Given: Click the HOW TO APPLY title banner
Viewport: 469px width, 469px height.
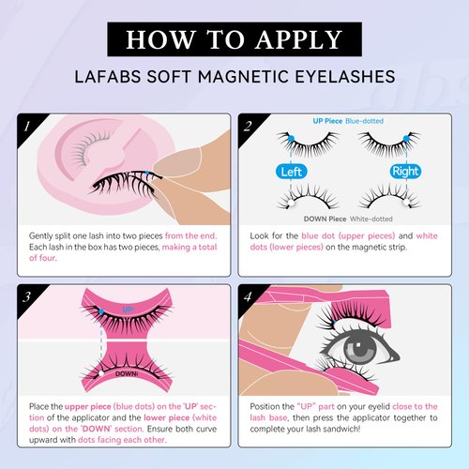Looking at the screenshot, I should [x=234, y=38].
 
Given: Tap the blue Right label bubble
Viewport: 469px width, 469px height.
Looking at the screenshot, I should [x=405, y=172].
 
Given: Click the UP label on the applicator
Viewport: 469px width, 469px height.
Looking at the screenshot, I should [x=129, y=309].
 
